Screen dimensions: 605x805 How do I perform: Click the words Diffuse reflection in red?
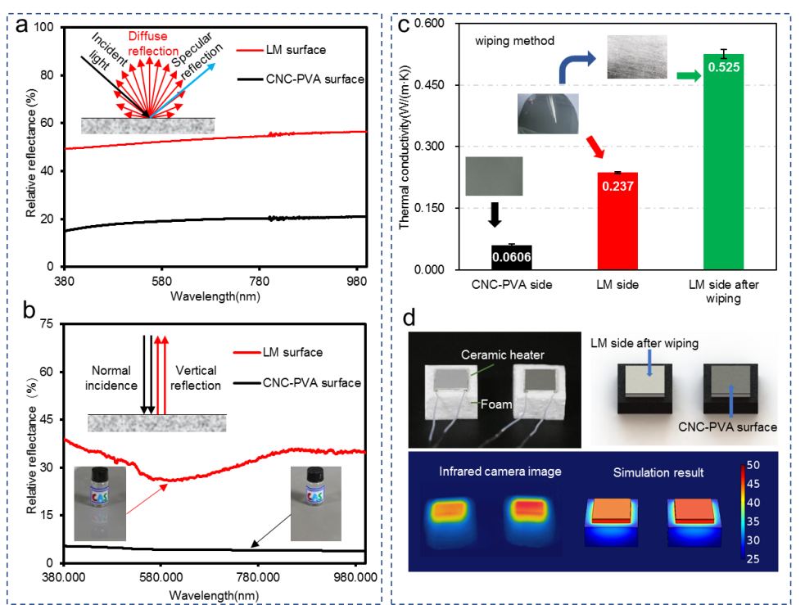tap(153, 43)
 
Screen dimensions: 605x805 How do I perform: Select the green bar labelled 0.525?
tap(724, 164)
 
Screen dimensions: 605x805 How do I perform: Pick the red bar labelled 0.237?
tap(617, 221)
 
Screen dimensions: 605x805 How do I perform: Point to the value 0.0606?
tap(511, 257)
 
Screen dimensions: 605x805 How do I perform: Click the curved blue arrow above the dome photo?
tap(578, 65)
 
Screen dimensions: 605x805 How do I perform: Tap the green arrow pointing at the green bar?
tap(689, 76)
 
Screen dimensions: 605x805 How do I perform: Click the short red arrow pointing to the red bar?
tap(597, 148)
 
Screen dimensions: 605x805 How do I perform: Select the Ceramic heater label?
tap(503, 354)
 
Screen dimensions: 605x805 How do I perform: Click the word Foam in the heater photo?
tap(495, 404)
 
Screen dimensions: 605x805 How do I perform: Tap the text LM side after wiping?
tap(645, 343)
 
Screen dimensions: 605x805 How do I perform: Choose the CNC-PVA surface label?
tap(727, 427)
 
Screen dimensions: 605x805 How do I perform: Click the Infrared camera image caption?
tap(500, 472)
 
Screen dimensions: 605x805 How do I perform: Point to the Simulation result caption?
tap(658, 472)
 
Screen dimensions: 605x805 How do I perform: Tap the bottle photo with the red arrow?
tap(100, 503)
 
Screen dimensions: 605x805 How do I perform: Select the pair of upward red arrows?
tap(161, 372)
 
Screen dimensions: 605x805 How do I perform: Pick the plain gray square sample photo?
tap(494, 176)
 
